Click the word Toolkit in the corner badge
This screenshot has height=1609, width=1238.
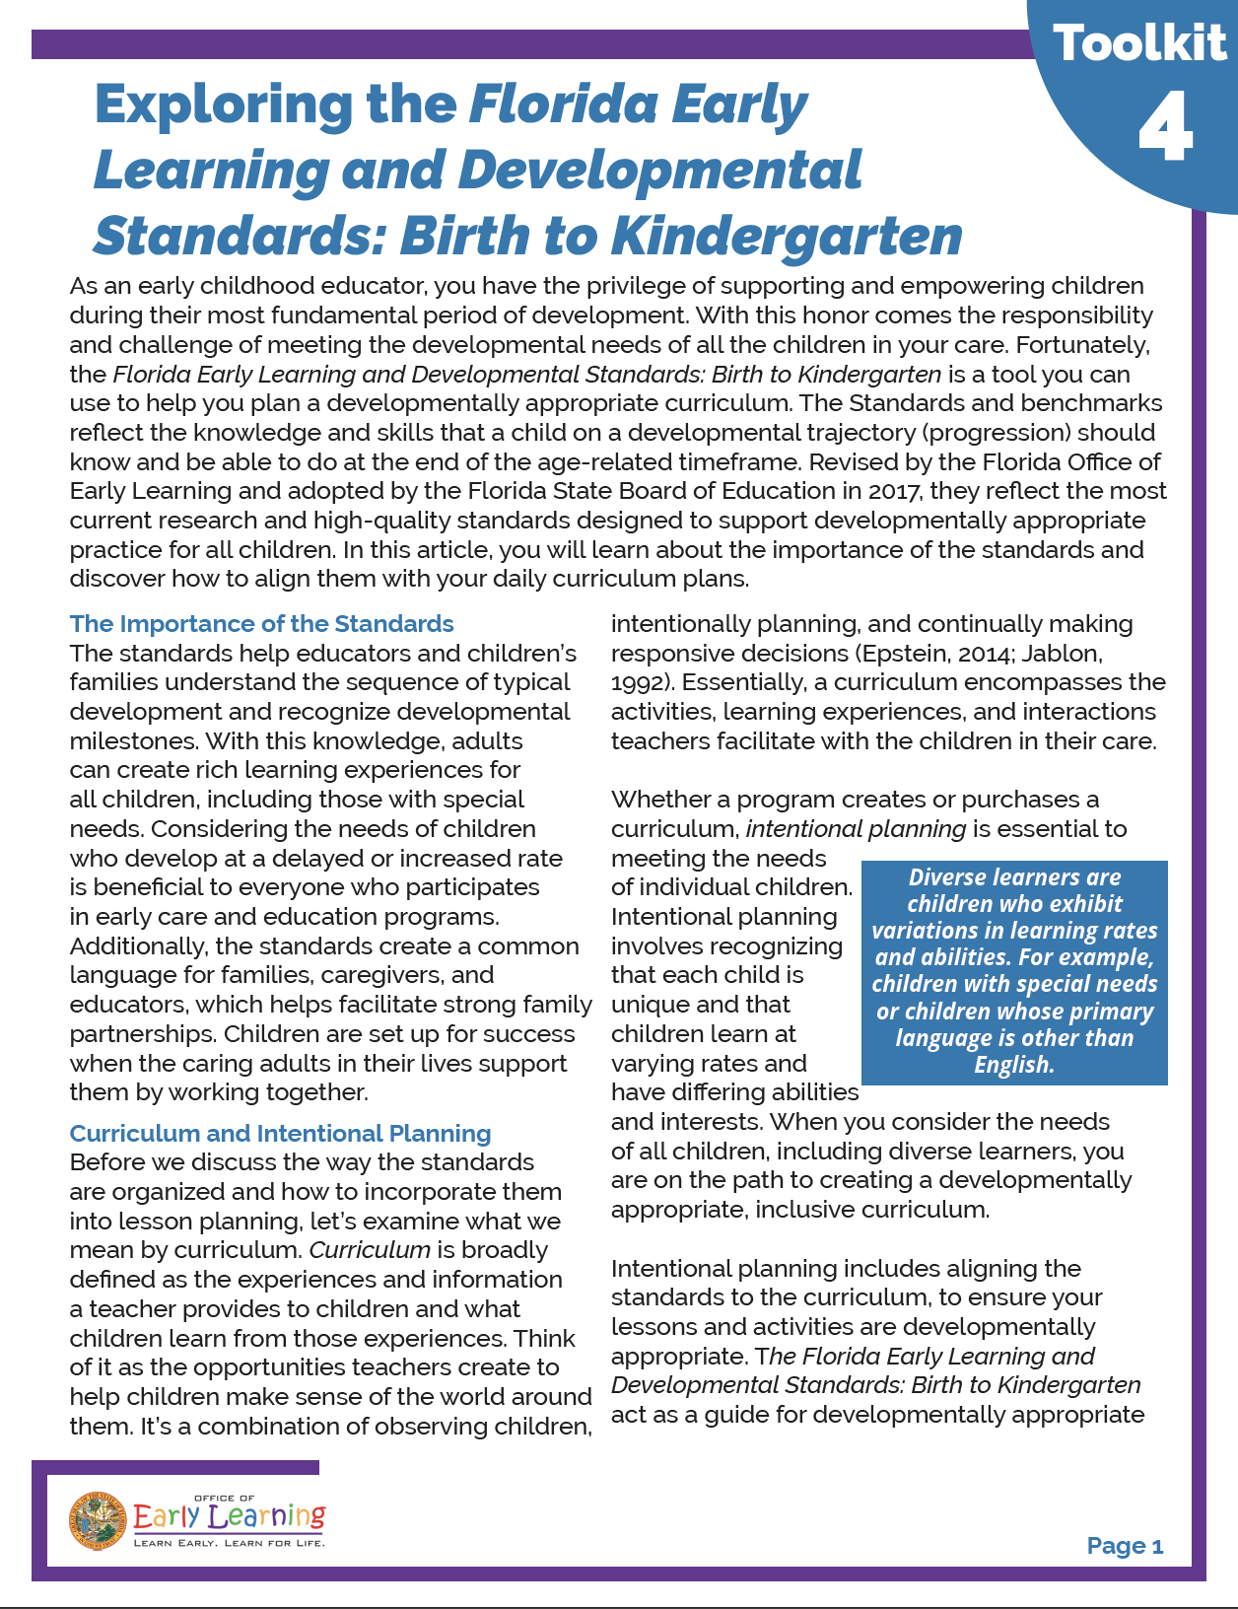(x=1139, y=44)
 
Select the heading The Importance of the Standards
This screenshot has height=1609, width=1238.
(x=261, y=624)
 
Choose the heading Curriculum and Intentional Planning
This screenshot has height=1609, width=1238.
(x=280, y=1134)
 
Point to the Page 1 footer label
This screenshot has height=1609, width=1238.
(x=1125, y=1546)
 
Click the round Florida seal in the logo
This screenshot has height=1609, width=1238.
(x=98, y=1519)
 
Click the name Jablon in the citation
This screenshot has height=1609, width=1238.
(x=1061, y=654)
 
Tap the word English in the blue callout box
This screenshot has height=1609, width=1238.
(x=1014, y=1065)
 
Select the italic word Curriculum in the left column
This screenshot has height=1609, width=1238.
(x=370, y=1250)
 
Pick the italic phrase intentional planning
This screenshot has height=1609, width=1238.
(x=856, y=829)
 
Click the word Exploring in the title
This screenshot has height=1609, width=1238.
(x=223, y=105)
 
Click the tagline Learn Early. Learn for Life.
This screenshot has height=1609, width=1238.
(x=229, y=1543)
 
